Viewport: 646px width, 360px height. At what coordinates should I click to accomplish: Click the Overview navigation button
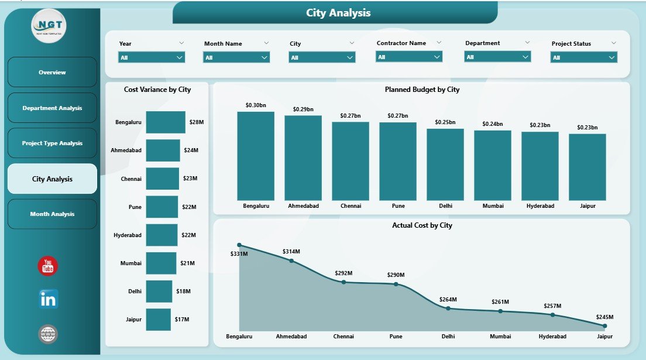click(52, 72)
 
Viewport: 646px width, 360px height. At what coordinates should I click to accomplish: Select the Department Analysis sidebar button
click(52, 108)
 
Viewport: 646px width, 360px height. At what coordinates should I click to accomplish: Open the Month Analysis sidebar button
click(52, 214)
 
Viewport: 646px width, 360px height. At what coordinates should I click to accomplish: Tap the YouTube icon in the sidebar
click(48, 266)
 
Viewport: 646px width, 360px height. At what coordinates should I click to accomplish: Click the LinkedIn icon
click(48, 299)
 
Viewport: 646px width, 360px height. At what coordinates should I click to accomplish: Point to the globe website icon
click(48, 334)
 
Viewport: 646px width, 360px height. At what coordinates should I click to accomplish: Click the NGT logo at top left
click(49, 26)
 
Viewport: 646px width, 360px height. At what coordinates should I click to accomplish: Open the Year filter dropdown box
click(152, 57)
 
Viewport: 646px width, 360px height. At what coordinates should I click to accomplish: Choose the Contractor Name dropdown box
click(408, 57)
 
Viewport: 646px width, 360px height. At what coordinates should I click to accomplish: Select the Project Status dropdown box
click(583, 57)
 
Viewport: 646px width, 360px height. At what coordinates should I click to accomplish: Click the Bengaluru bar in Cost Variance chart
click(166, 122)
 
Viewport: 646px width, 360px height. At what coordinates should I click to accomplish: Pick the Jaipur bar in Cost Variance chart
click(159, 320)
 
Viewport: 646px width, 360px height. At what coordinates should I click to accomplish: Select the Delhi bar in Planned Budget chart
click(445, 164)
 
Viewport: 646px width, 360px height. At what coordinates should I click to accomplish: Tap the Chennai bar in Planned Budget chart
click(351, 161)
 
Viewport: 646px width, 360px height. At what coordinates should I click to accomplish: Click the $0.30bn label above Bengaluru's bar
click(256, 105)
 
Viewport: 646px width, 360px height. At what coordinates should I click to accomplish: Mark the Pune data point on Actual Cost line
click(396, 284)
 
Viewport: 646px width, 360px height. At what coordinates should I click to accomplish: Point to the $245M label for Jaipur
click(604, 317)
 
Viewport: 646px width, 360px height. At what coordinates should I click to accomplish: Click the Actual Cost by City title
click(422, 225)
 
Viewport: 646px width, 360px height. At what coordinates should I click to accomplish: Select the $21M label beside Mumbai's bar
click(188, 263)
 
